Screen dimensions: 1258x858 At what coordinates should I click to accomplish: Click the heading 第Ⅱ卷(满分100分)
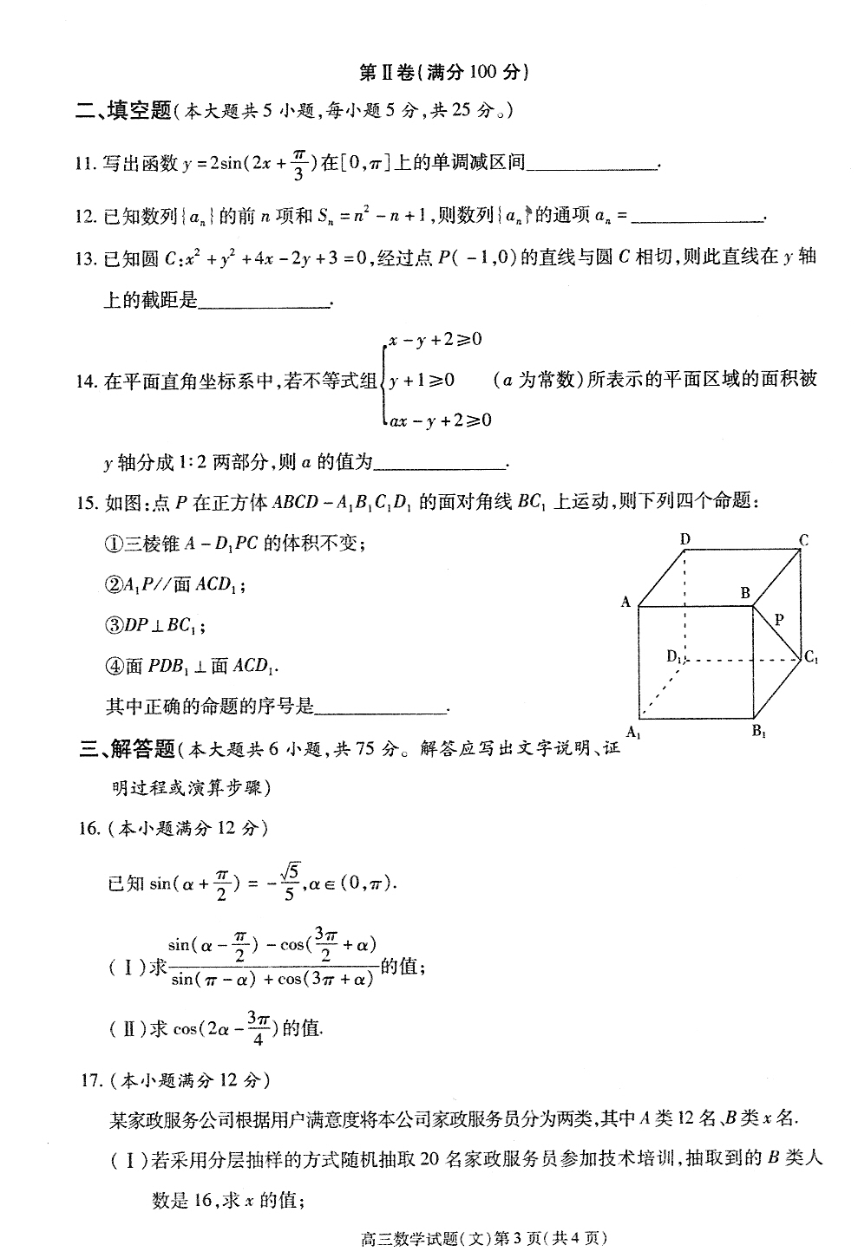(x=443, y=72)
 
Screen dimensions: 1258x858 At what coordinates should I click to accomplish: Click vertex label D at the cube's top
(x=684, y=539)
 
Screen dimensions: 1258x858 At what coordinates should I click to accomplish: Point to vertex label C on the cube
(x=804, y=540)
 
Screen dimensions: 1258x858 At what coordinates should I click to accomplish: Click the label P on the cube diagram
(x=779, y=619)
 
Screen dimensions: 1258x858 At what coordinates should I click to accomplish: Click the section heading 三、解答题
(x=127, y=748)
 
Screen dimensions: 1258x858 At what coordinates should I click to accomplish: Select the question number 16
(x=89, y=828)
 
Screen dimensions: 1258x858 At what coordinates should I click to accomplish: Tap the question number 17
(x=90, y=1080)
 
